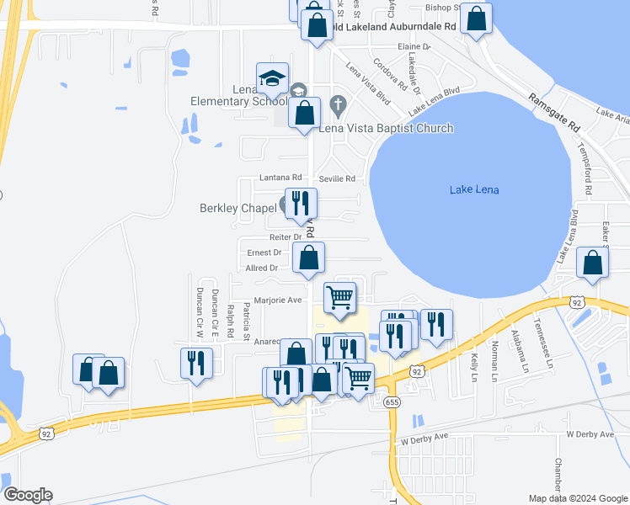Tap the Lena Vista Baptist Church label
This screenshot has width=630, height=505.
(x=386, y=129)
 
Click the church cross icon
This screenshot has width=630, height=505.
(x=339, y=105)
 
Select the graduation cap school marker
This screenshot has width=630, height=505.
(x=272, y=79)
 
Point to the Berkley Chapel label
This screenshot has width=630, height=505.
(x=238, y=208)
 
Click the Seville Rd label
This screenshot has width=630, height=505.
(x=337, y=178)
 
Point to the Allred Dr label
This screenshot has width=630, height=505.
(x=261, y=268)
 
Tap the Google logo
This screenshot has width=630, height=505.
(x=28, y=495)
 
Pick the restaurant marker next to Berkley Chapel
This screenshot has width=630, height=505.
(x=301, y=203)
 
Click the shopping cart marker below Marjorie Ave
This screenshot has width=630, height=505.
(x=339, y=297)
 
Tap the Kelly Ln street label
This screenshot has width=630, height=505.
(x=475, y=364)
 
